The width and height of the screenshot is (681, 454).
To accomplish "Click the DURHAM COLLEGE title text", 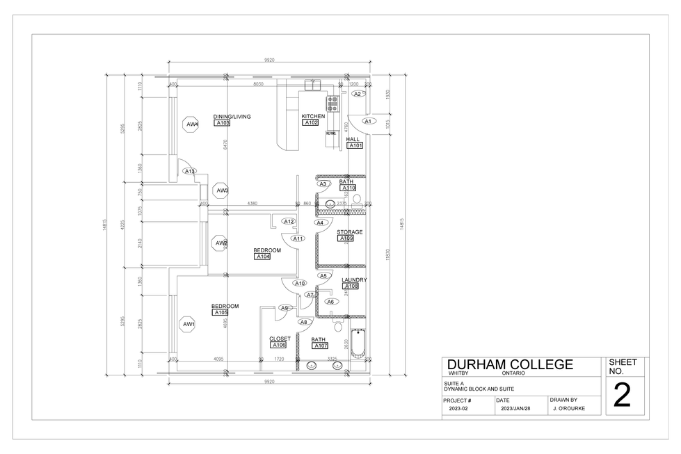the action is [x=510, y=365].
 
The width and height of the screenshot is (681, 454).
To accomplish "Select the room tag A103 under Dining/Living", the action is [x=222, y=123].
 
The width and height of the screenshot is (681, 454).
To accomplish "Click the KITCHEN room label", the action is [x=313, y=116].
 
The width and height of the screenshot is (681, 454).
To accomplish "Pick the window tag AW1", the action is [x=189, y=324].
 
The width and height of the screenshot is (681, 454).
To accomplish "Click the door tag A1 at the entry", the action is [x=369, y=121].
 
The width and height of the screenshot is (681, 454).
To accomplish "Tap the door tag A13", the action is [x=189, y=171].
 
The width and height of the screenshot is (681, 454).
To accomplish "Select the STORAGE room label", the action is [x=349, y=232].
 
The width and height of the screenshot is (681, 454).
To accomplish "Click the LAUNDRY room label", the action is [x=354, y=280].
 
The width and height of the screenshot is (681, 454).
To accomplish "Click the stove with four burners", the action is [x=333, y=104].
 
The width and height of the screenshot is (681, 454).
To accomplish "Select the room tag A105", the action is [x=221, y=313].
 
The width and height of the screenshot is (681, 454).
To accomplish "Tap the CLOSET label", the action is [x=280, y=339].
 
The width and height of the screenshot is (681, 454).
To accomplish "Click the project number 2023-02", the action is [x=459, y=410].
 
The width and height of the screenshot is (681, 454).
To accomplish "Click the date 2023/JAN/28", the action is [x=515, y=410].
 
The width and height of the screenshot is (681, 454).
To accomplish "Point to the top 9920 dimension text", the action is [x=269, y=60].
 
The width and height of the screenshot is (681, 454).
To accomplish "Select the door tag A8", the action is [x=303, y=322].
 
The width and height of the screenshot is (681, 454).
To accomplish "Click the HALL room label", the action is [x=353, y=139].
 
